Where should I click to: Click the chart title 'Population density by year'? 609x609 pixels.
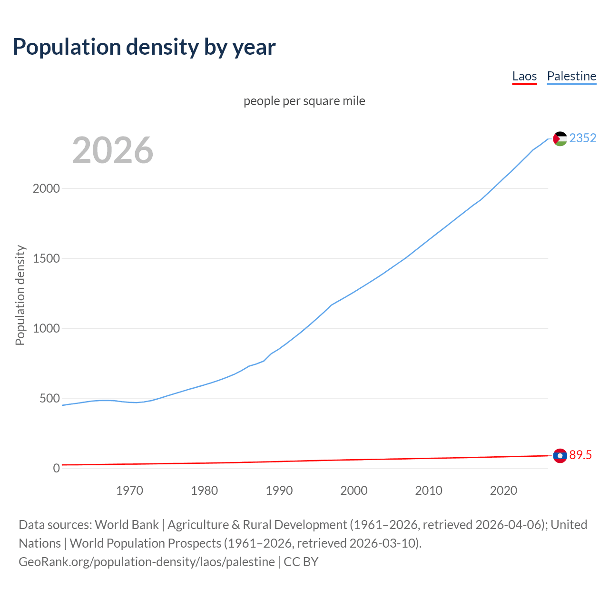click(144, 47)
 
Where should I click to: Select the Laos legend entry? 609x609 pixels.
click(524, 76)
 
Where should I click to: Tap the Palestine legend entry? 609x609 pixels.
click(571, 76)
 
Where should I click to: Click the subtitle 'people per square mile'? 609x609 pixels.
click(304, 101)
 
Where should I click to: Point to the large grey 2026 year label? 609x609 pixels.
click(113, 150)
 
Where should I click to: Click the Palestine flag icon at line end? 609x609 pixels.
click(560, 138)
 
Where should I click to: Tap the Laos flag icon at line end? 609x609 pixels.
click(560, 456)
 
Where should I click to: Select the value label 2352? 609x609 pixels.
click(582, 138)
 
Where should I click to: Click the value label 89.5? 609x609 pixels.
click(580, 455)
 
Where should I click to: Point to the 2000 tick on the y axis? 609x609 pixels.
click(46, 188)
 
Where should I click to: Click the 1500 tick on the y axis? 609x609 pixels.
click(46, 258)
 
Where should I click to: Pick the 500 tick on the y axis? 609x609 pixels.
click(49, 398)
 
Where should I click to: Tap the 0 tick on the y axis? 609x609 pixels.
click(57, 468)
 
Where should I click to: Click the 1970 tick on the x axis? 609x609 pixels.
click(129, 491)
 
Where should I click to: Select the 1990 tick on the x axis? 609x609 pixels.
click(279, 491)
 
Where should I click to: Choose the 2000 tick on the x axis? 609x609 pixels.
click(354, 491)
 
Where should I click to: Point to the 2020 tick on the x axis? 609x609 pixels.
click(503, 491)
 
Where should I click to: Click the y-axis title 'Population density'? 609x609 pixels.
click(20, 295)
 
